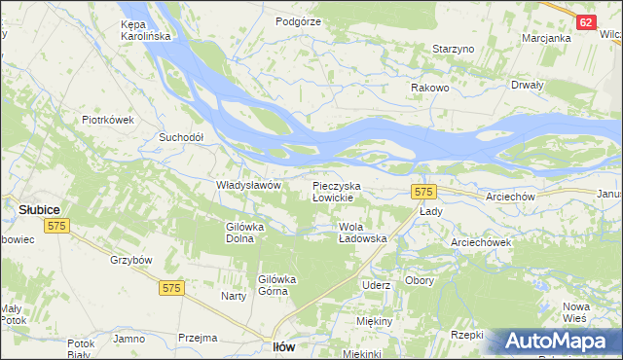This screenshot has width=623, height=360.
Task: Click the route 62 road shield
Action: [585, 22]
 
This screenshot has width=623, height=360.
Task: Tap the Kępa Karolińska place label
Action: [145, 29]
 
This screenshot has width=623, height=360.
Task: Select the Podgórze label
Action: [298, 19]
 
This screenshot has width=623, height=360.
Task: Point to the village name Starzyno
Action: [453, 49]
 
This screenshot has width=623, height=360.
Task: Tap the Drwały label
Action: [526, 84]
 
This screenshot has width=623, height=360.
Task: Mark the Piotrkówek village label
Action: [107, 121]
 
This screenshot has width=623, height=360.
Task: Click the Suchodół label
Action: [181, 137]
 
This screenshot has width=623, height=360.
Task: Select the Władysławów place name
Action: [248, 185]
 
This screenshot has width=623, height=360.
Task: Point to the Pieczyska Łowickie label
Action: [337, 191]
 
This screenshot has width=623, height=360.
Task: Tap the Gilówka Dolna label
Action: [245, 232]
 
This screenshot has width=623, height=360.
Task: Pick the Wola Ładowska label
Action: [362, 232]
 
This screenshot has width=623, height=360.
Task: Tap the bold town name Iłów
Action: [283, 346]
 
